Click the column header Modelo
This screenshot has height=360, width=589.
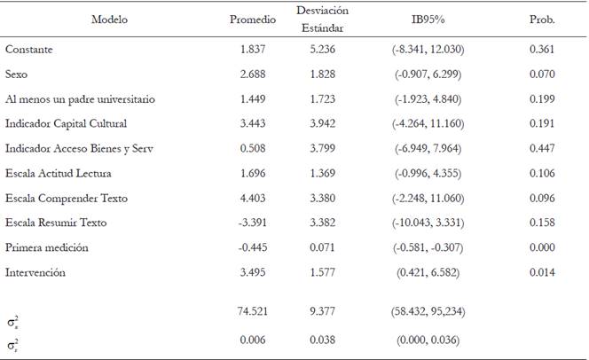point(109,20)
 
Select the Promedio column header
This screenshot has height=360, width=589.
point(253,20)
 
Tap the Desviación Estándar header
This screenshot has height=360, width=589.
point(323,19)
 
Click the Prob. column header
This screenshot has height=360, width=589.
point(542,20)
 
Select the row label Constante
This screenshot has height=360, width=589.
point(28,50)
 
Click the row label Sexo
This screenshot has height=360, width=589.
point(17,74)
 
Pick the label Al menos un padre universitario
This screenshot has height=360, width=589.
point(80,99)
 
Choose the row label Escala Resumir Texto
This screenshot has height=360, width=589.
point(57,223)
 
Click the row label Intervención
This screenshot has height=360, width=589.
point(35,273)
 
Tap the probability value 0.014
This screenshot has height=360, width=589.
point(541,273)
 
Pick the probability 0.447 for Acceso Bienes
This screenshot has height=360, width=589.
point(541,149)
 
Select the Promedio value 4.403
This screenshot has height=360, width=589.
point(254,199)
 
